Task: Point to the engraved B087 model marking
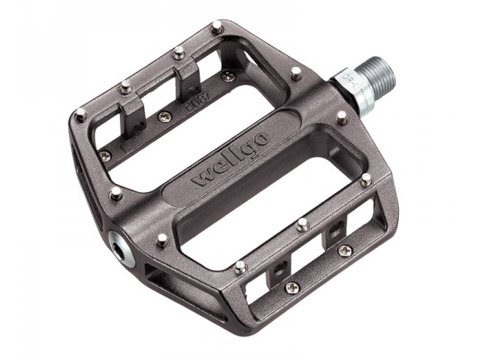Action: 194,93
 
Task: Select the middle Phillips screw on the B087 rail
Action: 164,116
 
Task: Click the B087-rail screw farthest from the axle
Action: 106,155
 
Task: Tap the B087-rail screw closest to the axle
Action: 228,75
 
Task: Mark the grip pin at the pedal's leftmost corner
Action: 79,114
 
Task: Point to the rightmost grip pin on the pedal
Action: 366,178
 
